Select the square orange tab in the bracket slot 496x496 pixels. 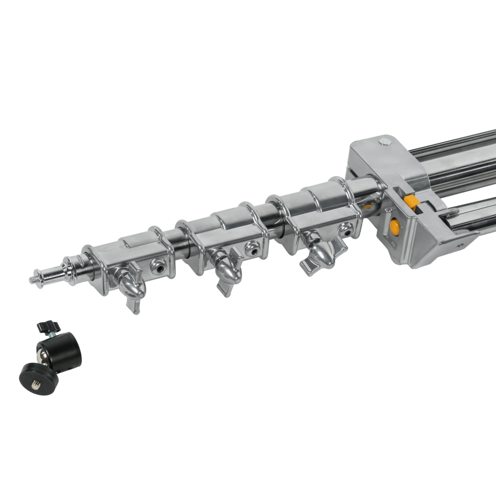411,202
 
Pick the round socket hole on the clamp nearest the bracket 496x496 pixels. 346,229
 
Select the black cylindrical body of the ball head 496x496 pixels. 65,351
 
